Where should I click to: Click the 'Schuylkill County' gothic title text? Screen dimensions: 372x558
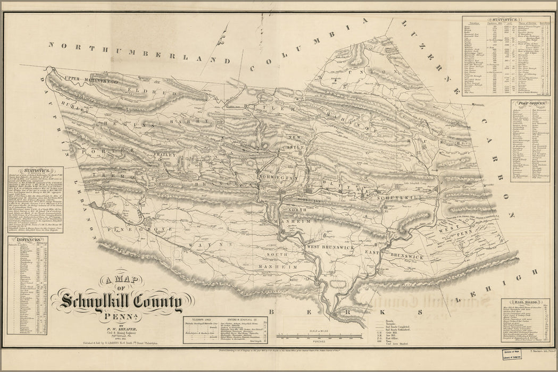point(121,303)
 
